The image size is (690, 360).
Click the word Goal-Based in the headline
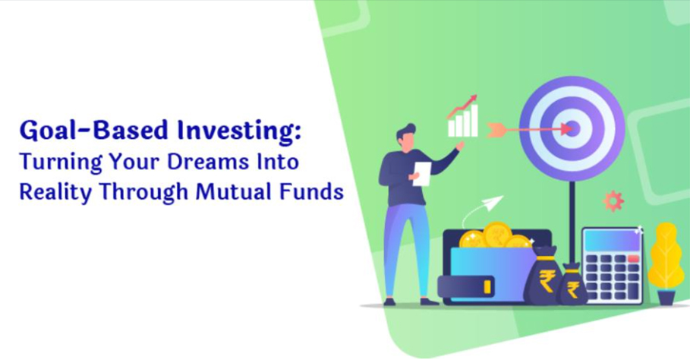(x=93, y=131)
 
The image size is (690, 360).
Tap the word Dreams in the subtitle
(x=208, y=162)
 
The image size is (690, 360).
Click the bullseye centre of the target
(x=572, y=129)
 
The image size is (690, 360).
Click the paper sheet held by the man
(x=421, y=173)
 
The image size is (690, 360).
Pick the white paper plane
(x=492, y=204)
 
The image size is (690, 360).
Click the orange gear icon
(x=613, y=201)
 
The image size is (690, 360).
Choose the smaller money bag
(x=572, y=284)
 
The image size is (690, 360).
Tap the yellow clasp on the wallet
(x=487, y=287)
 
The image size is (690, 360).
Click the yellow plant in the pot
(x=666, y=255)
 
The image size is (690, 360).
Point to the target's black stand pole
(x=572, y=221)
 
